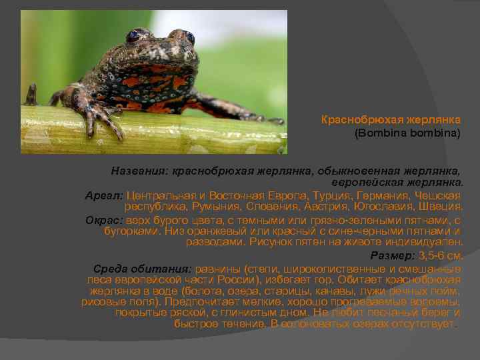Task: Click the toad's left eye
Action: pos(135,35)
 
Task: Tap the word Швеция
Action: pos(443,207)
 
